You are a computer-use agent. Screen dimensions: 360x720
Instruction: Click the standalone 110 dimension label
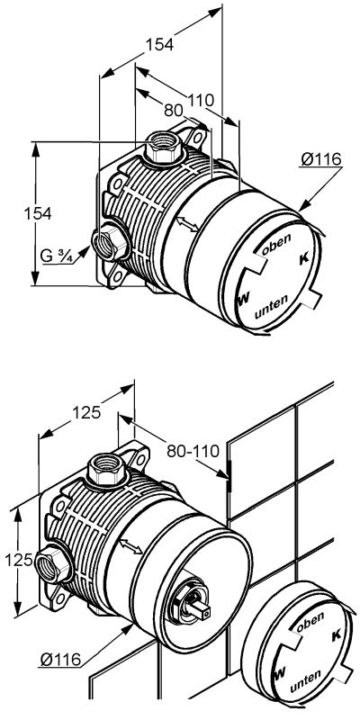coord(201,100)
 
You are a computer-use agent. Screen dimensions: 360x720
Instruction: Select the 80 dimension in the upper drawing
coord(174,110)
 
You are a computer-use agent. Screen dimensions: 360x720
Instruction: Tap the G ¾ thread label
coord(57,256)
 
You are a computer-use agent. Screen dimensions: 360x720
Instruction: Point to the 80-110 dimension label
coord(193,451)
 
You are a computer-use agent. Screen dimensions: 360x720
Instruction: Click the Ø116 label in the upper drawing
coord(321,159)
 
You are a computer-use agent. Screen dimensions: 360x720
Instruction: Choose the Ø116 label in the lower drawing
coord(60,660)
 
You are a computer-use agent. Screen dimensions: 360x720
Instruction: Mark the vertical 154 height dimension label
coord(38,213)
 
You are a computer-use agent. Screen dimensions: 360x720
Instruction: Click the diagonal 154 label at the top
coord(160,44)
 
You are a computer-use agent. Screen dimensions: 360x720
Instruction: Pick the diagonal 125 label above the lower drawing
coord(85,413)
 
